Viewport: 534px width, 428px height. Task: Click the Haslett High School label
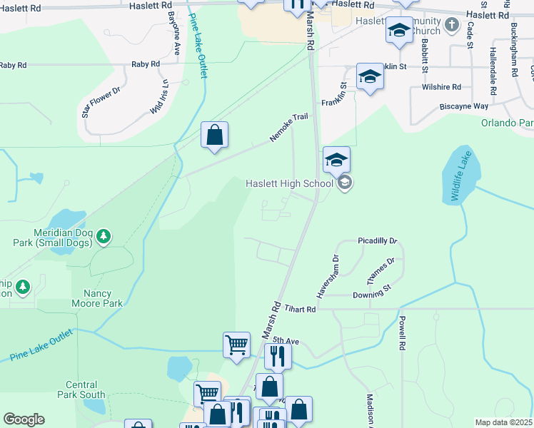[289, 183]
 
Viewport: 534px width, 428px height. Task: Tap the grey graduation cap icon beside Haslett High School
[345, 183]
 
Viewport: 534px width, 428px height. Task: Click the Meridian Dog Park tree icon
[104, 235]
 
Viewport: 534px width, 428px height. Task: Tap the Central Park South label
[85, 389]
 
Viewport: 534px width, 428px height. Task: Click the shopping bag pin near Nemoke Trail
[214, 134]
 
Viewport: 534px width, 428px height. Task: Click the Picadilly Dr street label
[378, 242]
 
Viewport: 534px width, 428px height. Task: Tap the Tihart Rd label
[300, 309]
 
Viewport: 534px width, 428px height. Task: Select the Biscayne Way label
[463, 106]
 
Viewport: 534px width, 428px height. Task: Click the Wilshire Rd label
[441, 87]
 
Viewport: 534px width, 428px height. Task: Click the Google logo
[24, 419]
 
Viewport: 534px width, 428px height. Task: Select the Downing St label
[372, 294]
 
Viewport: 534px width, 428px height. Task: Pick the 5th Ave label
[290, 342]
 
